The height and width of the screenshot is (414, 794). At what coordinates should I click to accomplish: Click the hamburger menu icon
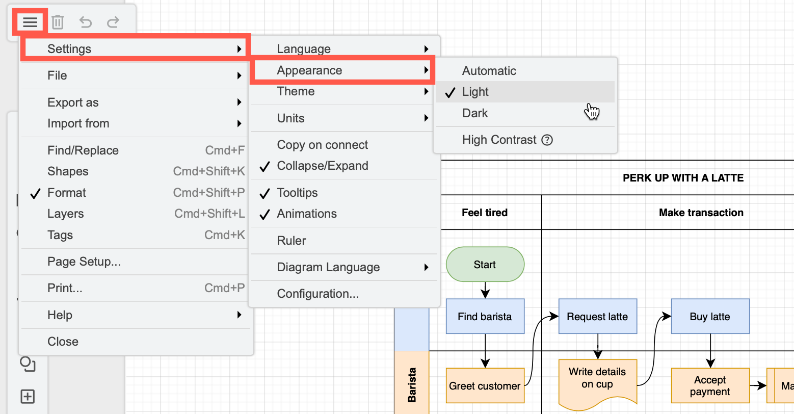point(30,22)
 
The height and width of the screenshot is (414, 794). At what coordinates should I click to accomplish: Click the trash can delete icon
point(58,22)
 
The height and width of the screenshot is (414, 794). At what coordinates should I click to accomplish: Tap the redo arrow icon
point(113,22)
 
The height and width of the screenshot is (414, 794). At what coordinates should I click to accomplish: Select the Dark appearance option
point(475,113)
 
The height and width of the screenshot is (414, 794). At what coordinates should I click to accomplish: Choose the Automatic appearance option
point(489,71)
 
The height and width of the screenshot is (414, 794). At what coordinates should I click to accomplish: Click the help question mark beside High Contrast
point(547,140)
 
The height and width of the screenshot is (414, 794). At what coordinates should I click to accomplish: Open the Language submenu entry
point(304,49)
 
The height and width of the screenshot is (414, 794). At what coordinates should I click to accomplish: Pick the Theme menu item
point(296,92)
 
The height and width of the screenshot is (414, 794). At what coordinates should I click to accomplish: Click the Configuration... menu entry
point(317,294)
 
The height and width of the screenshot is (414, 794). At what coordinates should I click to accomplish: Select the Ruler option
point(292,241)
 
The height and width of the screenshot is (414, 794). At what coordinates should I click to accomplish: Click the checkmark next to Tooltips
point(264,193)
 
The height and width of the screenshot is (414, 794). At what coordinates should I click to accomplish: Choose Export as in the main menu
point(73,102)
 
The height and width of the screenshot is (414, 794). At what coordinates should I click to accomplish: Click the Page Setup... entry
point(84,262)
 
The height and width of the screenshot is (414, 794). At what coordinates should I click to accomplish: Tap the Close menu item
point(63,342)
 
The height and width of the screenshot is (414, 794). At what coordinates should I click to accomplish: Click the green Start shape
point(485,265)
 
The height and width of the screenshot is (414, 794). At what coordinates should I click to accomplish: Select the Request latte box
point(597,317)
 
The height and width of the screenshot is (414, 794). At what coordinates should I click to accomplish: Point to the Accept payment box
point(710,386)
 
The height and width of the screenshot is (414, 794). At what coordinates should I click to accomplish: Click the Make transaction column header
point(701,213)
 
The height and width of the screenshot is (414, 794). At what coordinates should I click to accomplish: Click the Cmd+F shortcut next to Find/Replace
point(225,150)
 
